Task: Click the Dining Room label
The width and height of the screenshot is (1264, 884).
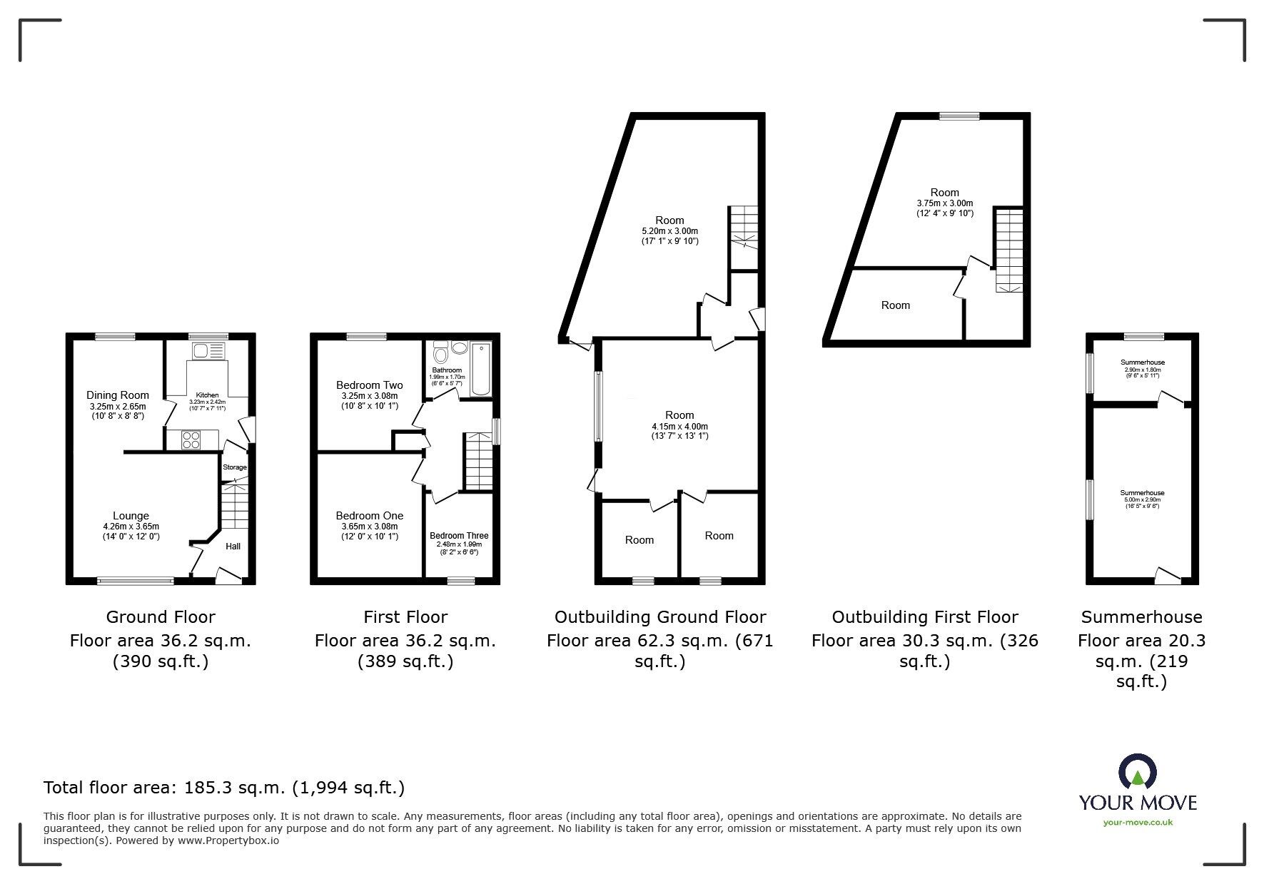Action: pyautogui.click(x=118, y=395)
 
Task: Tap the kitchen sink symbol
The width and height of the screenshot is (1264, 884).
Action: pyautogui.click(x=208, y=350)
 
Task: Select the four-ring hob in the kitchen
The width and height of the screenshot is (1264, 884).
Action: pyautogui.click(x=191, y=440)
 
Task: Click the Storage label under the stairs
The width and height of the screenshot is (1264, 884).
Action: pyautogui.click(x=235, y=467)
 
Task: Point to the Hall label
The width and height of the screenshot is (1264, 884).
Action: pyautogui.click(x=233, y=547)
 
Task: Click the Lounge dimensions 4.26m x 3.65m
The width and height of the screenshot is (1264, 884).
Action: pyautogui.click(x=131, y=527)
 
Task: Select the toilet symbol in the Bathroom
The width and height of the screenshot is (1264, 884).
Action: pyautogui.click(x=441, y=353)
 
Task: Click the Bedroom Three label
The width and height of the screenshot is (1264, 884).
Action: pyautogui.click(x=459, y=535)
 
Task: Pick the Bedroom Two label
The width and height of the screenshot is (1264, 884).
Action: pyautogui.click(x=369, y=385)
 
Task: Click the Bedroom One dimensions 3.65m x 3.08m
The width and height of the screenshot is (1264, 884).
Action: pyautogui.click(x=369, y=527)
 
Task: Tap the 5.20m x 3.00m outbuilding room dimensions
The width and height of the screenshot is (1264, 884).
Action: pyautogui.click(x=669, y=231)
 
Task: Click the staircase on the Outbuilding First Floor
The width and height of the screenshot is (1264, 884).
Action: pyautogui.click(x=1009, y=250)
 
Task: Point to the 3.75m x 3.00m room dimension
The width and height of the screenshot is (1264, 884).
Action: pyautogui.click(x=944, y=203)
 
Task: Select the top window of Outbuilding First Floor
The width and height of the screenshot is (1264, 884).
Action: pyautogui.click(x=959, y=116)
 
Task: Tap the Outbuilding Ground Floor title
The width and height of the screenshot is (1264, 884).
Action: pyautogui.click(x=660, y=617)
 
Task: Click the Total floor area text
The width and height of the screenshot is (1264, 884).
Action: pyautogui.click(x=224, y=788)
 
